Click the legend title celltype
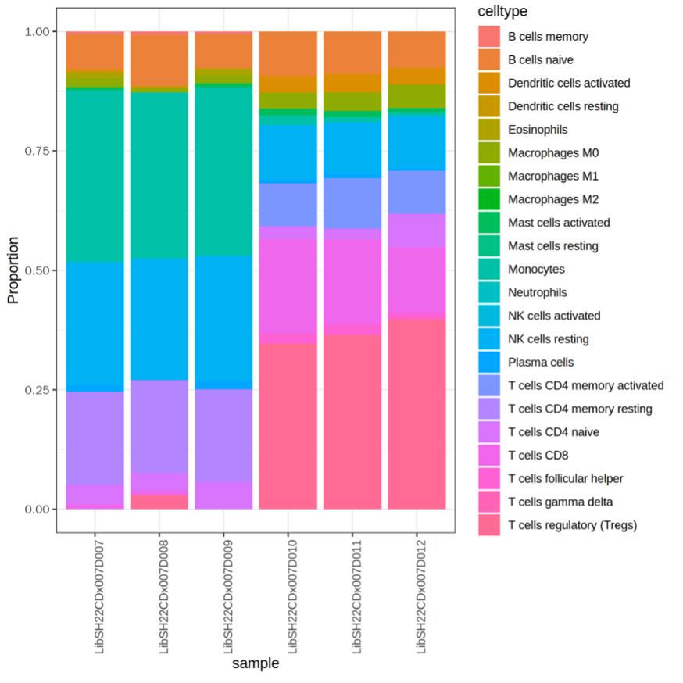[x=502, y=11]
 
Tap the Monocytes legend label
[x=536, y=269]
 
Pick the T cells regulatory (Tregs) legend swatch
[x=489, y=525]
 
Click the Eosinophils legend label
[x=538, y=129]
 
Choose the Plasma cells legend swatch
[x=489, y=362]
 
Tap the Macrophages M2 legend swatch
[x=489, y=199]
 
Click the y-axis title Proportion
[x=13, y=270]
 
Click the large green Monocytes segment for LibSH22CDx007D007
[x=95, y=176]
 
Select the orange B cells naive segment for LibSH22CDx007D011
[x=352, y=52]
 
